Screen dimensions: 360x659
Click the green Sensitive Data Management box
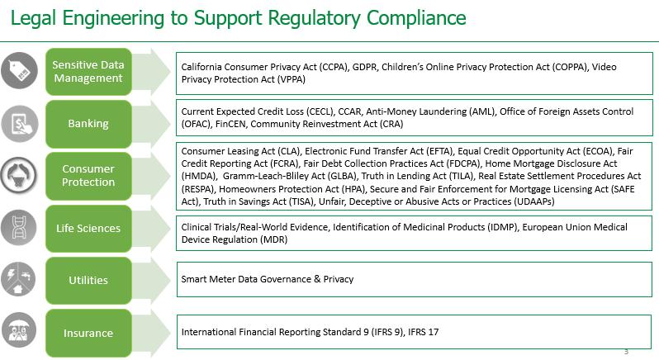88,72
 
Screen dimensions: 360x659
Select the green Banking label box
88,123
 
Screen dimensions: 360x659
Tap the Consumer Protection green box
88,175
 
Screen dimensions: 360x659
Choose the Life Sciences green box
88,229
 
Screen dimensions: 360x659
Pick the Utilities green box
88,280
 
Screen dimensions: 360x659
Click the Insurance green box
88,333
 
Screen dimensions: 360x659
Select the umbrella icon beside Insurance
20,330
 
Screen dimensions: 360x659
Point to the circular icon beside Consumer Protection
20,174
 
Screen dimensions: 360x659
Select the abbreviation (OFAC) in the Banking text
196,124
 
